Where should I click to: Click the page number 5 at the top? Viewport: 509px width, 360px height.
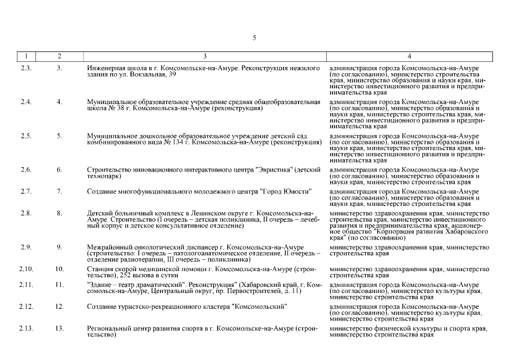pyautogui.click(x=254, y=38)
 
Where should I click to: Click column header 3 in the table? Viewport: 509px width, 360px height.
pyautogui.click(x=205, y=56)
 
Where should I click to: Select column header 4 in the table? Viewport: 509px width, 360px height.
pyautogui.click(x=409, y=56)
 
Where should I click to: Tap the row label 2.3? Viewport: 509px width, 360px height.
pyautogui.click(x=26, y=68)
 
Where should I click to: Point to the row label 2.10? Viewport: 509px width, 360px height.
pyautogui.click(x=26, y=269)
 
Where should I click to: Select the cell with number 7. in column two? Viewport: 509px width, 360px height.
pyautogui.click(x=59, y=192)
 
